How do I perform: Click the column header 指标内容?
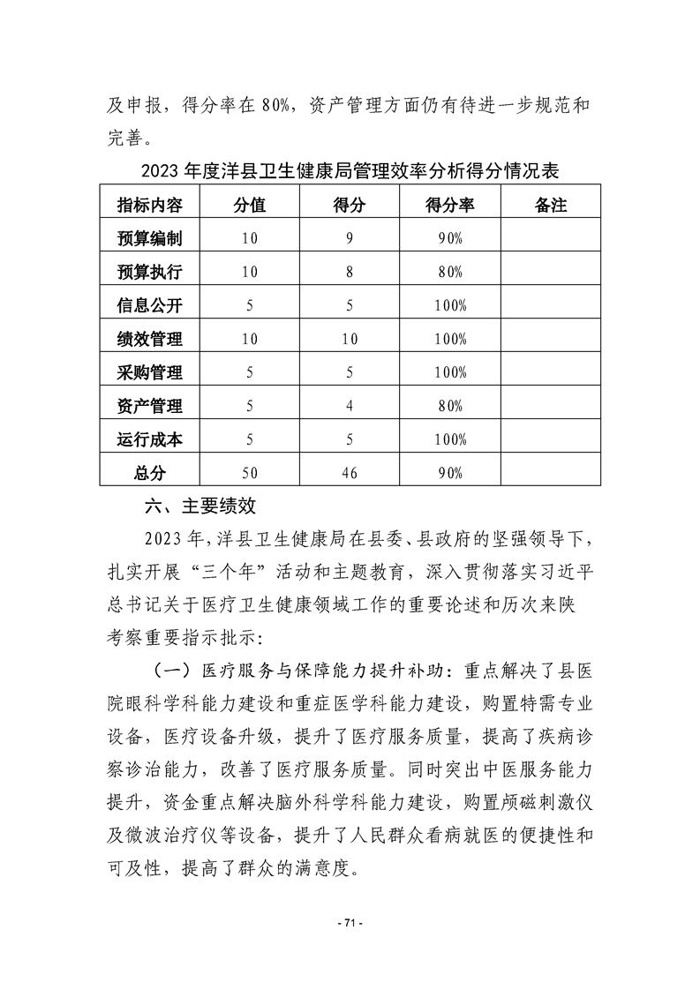150,205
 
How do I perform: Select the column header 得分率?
450,205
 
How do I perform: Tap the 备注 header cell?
551,205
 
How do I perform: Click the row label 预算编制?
150,238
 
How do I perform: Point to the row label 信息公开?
150,305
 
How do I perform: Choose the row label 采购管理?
150,372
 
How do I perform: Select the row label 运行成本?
150,439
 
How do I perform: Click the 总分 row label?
150,473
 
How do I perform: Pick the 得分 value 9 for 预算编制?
350,238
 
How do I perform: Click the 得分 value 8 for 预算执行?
350,272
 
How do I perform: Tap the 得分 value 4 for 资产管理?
350,406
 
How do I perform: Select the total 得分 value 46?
350,473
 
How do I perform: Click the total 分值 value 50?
250,473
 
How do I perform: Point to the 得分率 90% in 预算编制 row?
450,238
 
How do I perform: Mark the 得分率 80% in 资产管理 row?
450,406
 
